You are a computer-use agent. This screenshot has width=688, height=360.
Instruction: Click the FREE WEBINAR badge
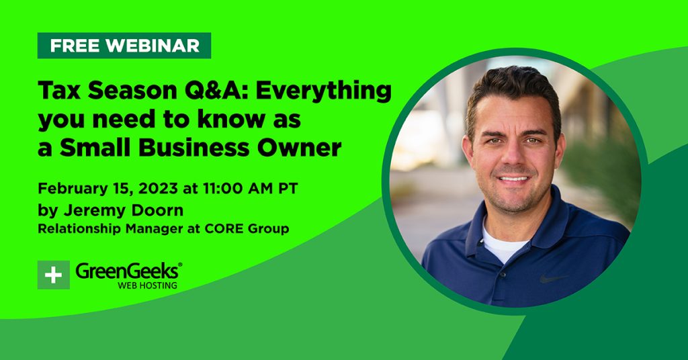[x=124, y=46]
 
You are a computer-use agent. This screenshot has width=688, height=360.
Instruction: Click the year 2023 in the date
[x=158, y=189]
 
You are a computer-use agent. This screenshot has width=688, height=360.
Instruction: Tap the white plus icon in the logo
[x=54, y=275]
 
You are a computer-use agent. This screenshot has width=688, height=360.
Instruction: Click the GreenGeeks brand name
[x=127, y=271]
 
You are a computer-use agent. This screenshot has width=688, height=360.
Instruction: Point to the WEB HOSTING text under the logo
[x=147, y=285]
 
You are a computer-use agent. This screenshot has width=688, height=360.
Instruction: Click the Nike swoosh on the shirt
[x=554, y=279]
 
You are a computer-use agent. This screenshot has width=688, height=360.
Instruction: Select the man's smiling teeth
[x=513, y=179]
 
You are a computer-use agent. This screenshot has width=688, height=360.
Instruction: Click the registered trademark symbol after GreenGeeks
[x=180, y=265]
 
